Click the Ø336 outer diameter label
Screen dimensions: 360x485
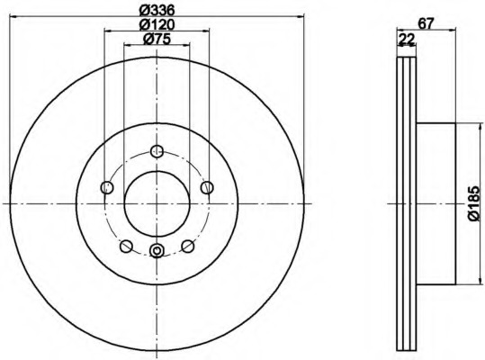pyautogui.click(x=157, y=10)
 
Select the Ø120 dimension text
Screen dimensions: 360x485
pyautogui.click(x=157, y=25)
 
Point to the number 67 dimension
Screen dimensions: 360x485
pyautogui.click(x=438, y=23)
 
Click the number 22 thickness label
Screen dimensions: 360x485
pyautogui.click(x=407, y=38)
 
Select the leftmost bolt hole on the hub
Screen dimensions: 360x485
pyautogui.click(x=107, y=187)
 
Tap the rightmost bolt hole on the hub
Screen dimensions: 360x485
pyautogui.click(x=207, y=187)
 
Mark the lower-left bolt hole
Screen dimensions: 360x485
pyautogui.click(x=127, y=246)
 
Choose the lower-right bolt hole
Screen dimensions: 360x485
pyautogui.click(x=188, y=246)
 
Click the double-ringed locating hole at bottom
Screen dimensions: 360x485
pyautogui.click(x=157, y=251)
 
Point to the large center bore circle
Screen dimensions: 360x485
pyautogui.click(x=157, y=202)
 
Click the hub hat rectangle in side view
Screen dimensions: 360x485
pyautogui.click(x=438, y=202)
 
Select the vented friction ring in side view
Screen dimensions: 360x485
pyautogui.click(x=407, y=202)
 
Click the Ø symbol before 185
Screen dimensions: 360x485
pyautogui.click(x=474, y=217)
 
